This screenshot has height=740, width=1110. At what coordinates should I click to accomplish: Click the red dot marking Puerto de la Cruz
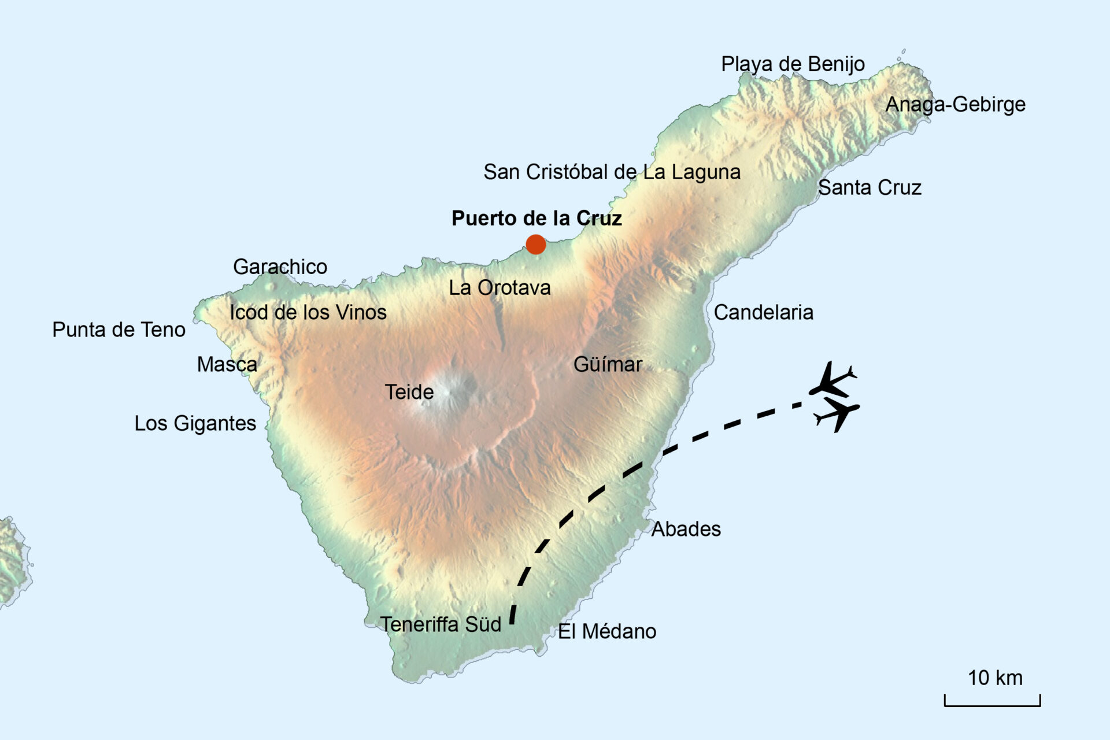coord(536,245)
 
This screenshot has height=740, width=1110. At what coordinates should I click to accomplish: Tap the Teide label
coord(409,393)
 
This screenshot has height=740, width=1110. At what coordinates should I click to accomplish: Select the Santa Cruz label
coord(869,188)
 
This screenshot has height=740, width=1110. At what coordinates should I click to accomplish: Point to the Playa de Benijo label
coord(793,64)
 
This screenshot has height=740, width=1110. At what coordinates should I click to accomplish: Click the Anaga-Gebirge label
coord(955,105)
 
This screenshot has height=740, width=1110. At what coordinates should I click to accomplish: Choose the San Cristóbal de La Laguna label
coord(612,172)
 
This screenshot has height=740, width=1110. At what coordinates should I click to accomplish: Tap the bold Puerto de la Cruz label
coord(536,219)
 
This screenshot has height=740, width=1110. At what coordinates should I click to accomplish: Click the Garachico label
coord(280,267)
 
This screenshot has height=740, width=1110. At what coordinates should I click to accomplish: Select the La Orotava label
coord(499,288)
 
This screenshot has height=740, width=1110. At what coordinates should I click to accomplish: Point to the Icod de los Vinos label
coord(308,313)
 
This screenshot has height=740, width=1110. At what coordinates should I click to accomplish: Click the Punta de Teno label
coord(119,330)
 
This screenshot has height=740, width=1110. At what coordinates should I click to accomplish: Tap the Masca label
coord(227,365)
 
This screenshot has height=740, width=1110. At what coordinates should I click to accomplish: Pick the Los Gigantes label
coord(195,424)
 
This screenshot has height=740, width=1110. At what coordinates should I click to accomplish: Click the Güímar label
coord(608,365)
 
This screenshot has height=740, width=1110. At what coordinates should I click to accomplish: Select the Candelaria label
coord(763,313)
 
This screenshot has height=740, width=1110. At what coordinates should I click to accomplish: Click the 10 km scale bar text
coord(995,678)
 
